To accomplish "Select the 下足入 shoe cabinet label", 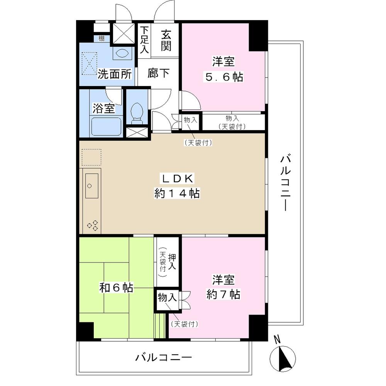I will (144, 40).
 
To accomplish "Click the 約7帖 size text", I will (223, 295).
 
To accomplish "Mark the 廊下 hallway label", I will (158, 73).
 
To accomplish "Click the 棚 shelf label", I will (101, 38).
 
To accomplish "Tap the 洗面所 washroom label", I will (115, 73).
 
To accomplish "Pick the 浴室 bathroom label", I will (103, 108).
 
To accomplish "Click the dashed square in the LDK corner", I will (92, 158).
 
